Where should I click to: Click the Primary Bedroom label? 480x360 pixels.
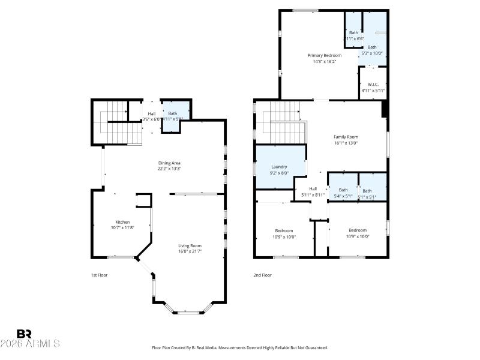[325, 55]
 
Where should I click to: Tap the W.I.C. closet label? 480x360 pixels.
[373, 85]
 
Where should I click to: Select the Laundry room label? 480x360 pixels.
[279, 167]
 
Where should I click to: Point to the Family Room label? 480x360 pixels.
[346, 137]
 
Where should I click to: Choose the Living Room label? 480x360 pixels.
[190, 245]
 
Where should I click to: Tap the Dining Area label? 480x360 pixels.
[169, 163]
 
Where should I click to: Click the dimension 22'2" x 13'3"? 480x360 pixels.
[169, 169]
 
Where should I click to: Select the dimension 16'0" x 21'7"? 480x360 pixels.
[190, 251]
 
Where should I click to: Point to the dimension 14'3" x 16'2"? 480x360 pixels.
[325, 61]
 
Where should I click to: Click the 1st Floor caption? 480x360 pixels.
[99, 275]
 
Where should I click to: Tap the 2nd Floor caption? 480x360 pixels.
[262, 275]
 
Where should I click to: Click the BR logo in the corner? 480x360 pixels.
[25, 334]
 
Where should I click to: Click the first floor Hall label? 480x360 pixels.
[152, 114]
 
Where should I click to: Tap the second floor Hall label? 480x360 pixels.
[313, 189]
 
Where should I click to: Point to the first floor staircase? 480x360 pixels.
[116, 122]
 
